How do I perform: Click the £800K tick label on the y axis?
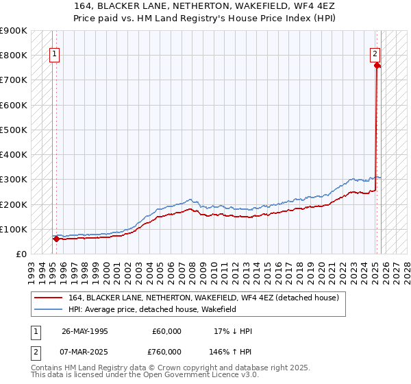(14, 55)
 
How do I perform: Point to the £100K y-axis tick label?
(14, 229)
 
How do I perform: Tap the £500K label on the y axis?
(14, 130)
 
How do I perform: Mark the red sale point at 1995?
(55, 239)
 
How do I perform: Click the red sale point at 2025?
(377, 66)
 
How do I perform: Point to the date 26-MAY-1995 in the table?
(84, 331)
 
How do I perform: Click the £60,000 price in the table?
(166, 331)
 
